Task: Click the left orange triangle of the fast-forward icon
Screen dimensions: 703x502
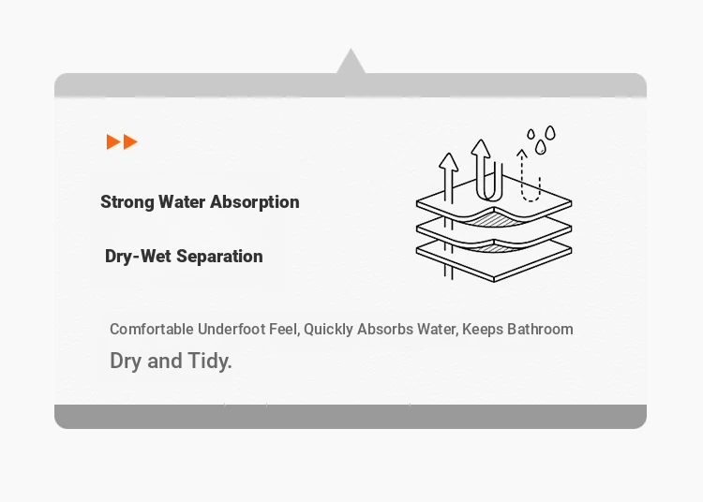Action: [x=112, y=142]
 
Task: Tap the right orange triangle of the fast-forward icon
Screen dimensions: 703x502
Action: [x=130, y=142]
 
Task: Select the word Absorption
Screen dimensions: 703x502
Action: [x=255, y=202]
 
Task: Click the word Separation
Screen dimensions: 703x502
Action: [x=219, y=257]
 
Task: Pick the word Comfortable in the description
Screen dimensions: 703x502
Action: [x=152, y=329]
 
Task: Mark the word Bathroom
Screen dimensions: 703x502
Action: [x=540, y=329]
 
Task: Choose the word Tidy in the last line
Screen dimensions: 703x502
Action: [x=209, y=361]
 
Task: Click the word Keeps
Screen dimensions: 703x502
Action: [x=483, y=330]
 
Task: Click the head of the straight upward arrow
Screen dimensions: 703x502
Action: [x=448, y=162]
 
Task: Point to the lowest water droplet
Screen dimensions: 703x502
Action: [x=540, y=147]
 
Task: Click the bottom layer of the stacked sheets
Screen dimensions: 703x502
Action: [x=494, y=263]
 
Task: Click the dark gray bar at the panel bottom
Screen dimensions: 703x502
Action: [x=351, y=417]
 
